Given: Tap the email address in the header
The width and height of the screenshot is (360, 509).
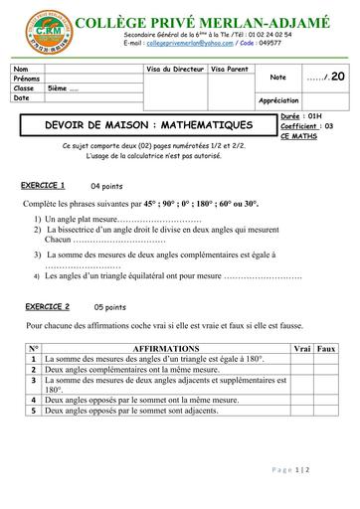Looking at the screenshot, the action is tap(169, 45).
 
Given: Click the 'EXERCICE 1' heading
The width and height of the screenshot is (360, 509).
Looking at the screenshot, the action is tap(43, 186).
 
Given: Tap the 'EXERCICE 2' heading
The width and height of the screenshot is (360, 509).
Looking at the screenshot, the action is tap(47, 307).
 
